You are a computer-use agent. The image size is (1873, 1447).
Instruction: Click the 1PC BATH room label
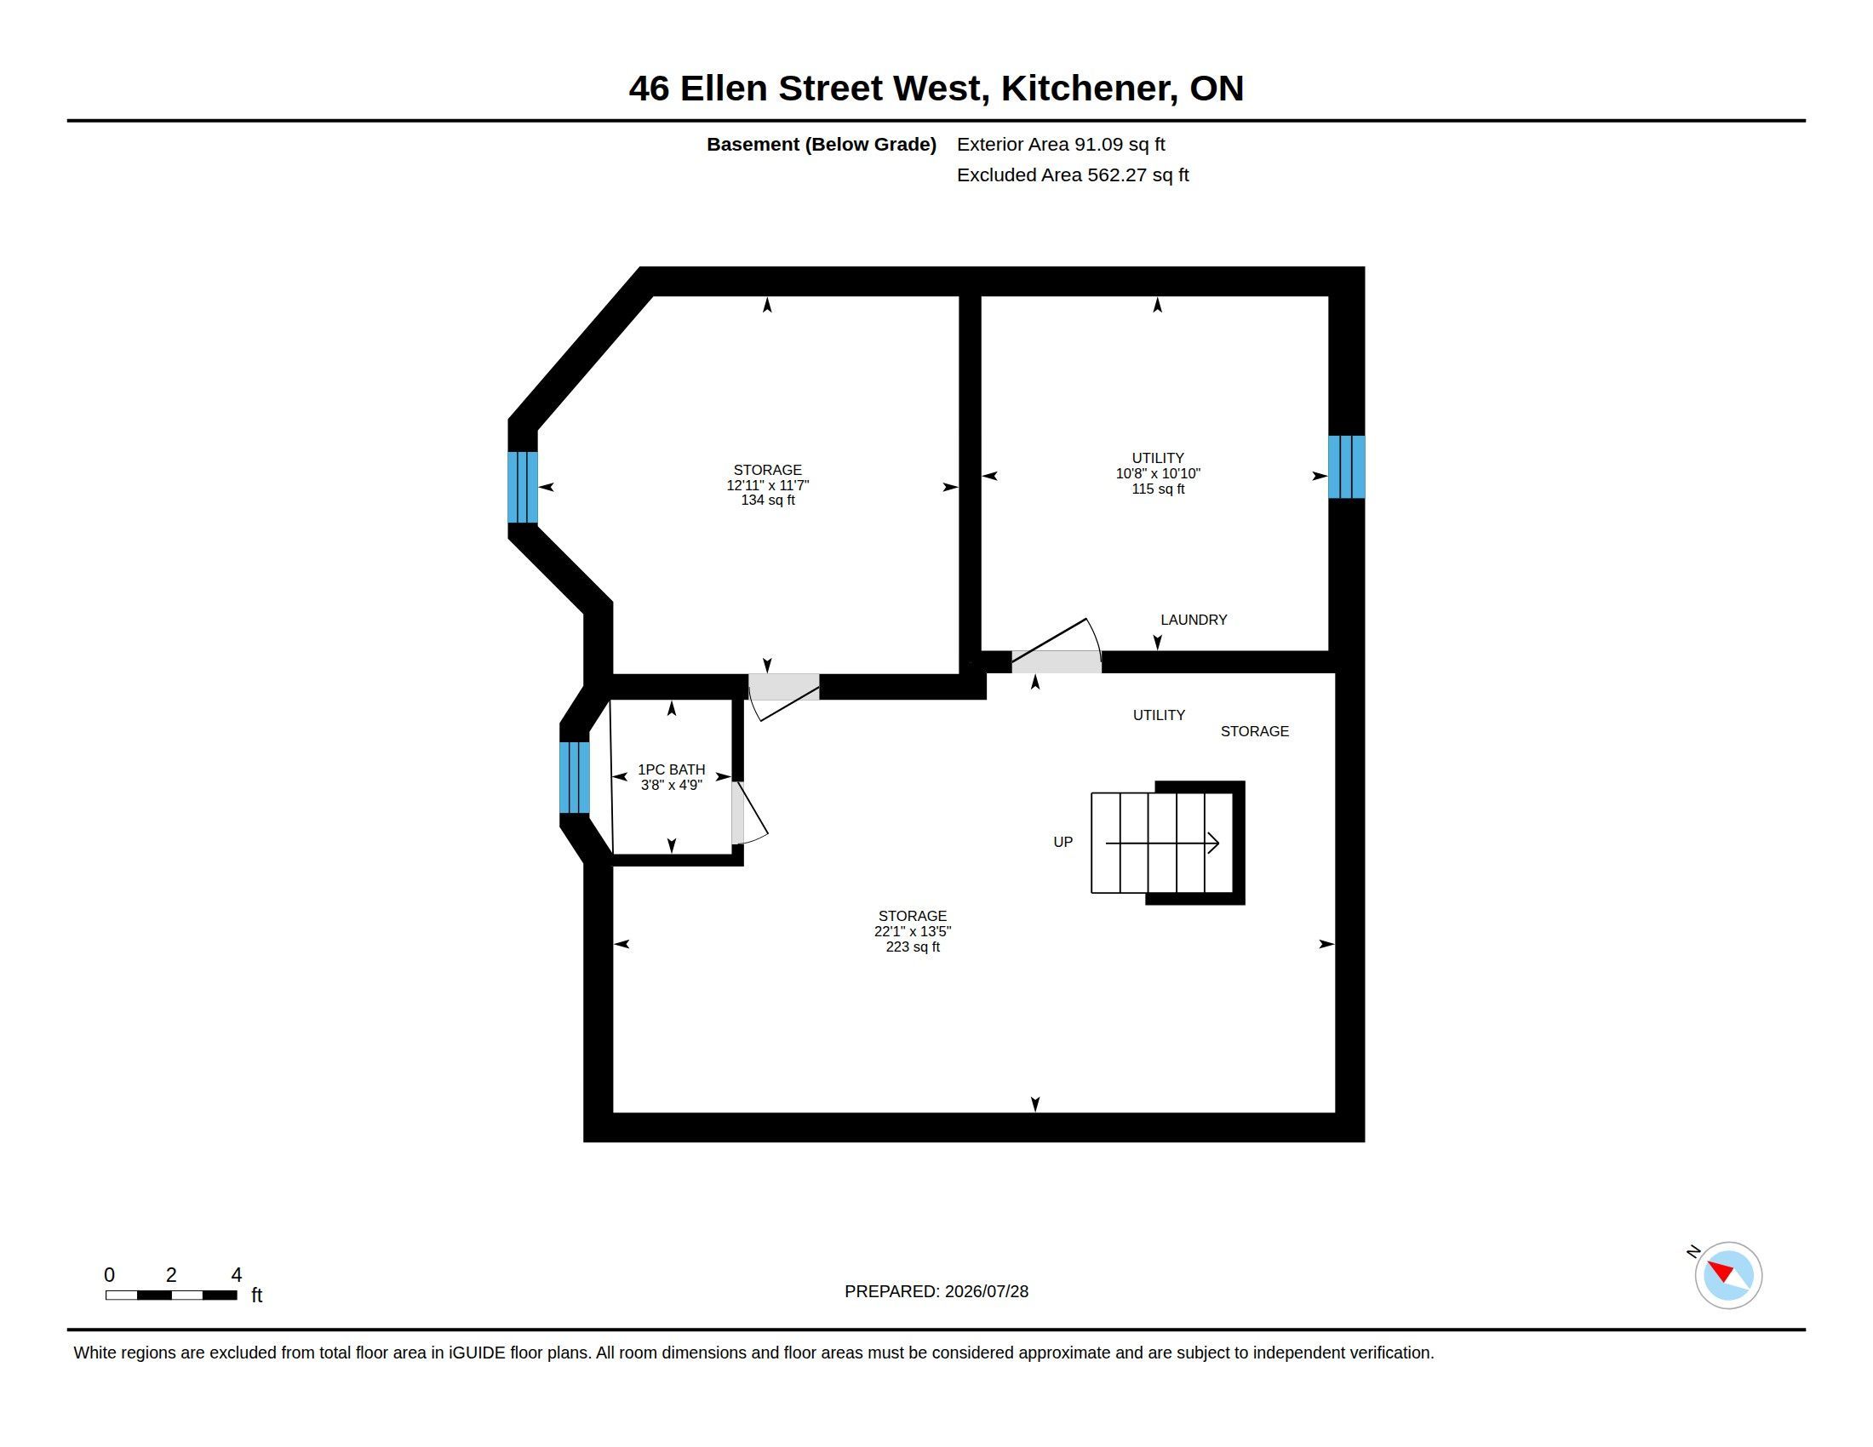(x=671, y=769)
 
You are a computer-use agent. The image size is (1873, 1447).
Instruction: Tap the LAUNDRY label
(x=1193, y=620)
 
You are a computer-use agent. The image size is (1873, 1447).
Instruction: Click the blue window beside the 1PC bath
(x=575, y=776)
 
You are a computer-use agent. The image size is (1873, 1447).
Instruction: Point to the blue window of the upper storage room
(x=522, y=487)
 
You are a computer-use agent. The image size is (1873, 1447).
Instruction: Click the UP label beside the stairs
(x=1063, y=842)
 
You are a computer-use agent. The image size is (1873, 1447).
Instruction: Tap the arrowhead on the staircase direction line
(x=1213, y=843)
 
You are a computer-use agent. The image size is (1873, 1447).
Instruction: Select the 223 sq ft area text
(x=913, y=947)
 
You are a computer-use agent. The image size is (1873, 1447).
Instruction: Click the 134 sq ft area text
(x=768, y=500)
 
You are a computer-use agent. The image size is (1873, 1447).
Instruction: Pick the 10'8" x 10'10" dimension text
(x=1158, y=473)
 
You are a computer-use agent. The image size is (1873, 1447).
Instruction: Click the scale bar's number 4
(x=236, y=1275)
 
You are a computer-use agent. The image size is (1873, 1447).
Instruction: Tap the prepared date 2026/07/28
(x=986, y=1291)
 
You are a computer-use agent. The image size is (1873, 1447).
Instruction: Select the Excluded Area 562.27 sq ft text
(x=1073, y=174)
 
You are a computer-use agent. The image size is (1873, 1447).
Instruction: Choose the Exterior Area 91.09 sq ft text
(x=1061, y=145)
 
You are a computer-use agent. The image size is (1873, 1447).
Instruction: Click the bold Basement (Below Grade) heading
(x=821, y=145)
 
